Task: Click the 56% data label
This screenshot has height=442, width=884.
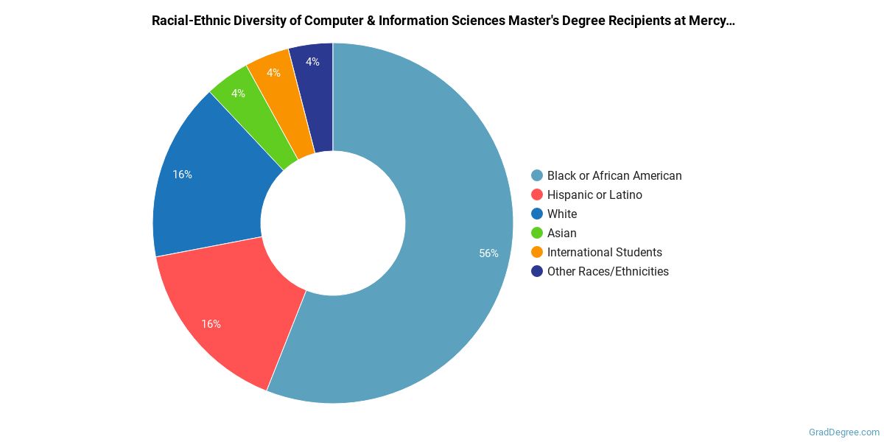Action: point(488,253)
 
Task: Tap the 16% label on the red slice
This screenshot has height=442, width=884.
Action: point(211,324)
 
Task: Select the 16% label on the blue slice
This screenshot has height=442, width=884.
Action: point(182,175)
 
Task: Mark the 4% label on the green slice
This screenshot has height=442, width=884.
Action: point(238,94)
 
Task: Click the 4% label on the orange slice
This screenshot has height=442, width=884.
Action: point(273,73)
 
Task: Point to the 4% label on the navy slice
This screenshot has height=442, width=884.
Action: point(312,62)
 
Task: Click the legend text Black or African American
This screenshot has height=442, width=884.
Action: point(614,175)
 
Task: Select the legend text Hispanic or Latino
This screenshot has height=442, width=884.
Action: point(594,194)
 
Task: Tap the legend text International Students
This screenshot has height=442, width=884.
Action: point(604,252)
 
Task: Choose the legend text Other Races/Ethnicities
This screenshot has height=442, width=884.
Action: point(608,271)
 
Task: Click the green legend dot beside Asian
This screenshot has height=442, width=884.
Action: point(537,233)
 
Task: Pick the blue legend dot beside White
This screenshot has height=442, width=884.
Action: point(537,214)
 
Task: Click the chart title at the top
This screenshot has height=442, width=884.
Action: point(443,21)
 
